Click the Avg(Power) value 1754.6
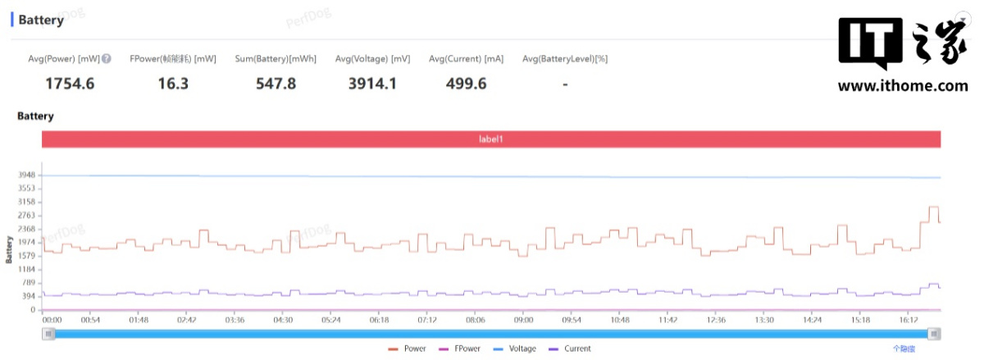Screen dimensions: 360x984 point(70,84)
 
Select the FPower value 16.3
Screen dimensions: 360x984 point(172,84)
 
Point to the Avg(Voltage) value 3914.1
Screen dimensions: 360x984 point(373,84)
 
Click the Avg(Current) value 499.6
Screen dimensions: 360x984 point(465,84)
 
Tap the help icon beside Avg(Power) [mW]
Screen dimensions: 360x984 point(107,59)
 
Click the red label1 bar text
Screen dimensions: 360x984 point(490,139)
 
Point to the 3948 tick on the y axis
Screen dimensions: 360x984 point(26,175)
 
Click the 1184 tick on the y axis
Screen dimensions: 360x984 point(26,270)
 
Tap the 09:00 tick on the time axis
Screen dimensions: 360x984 point(523,321)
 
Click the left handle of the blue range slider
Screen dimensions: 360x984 point(49,334)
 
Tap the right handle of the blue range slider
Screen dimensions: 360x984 point(934,334)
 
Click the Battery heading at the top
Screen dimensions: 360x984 point(41,21)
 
